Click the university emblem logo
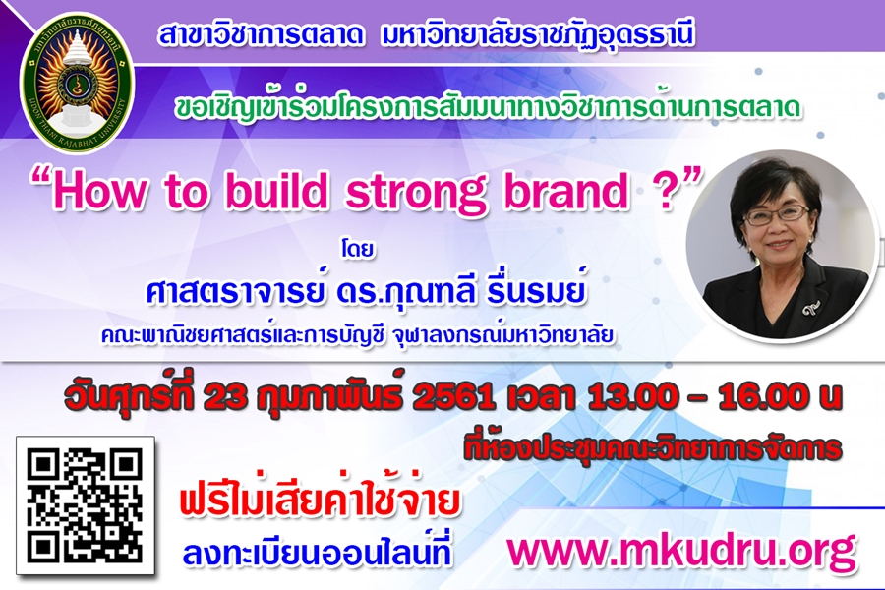click(78, 83)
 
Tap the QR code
click(86, 505)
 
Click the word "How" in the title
click(97, 192)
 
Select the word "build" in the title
click(276, 191)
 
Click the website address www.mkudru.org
click(681, 551)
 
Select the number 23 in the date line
click(225, 398)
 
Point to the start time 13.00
click(631, 398)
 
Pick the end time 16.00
click(762, 398)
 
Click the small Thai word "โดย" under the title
click(358, 249)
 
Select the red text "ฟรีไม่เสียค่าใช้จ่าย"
click(320, 500)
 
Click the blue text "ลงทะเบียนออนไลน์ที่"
click(318, 551)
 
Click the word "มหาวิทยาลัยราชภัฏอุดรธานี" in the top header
click(537, 36)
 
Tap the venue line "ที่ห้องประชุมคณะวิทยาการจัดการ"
click(653, 447)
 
